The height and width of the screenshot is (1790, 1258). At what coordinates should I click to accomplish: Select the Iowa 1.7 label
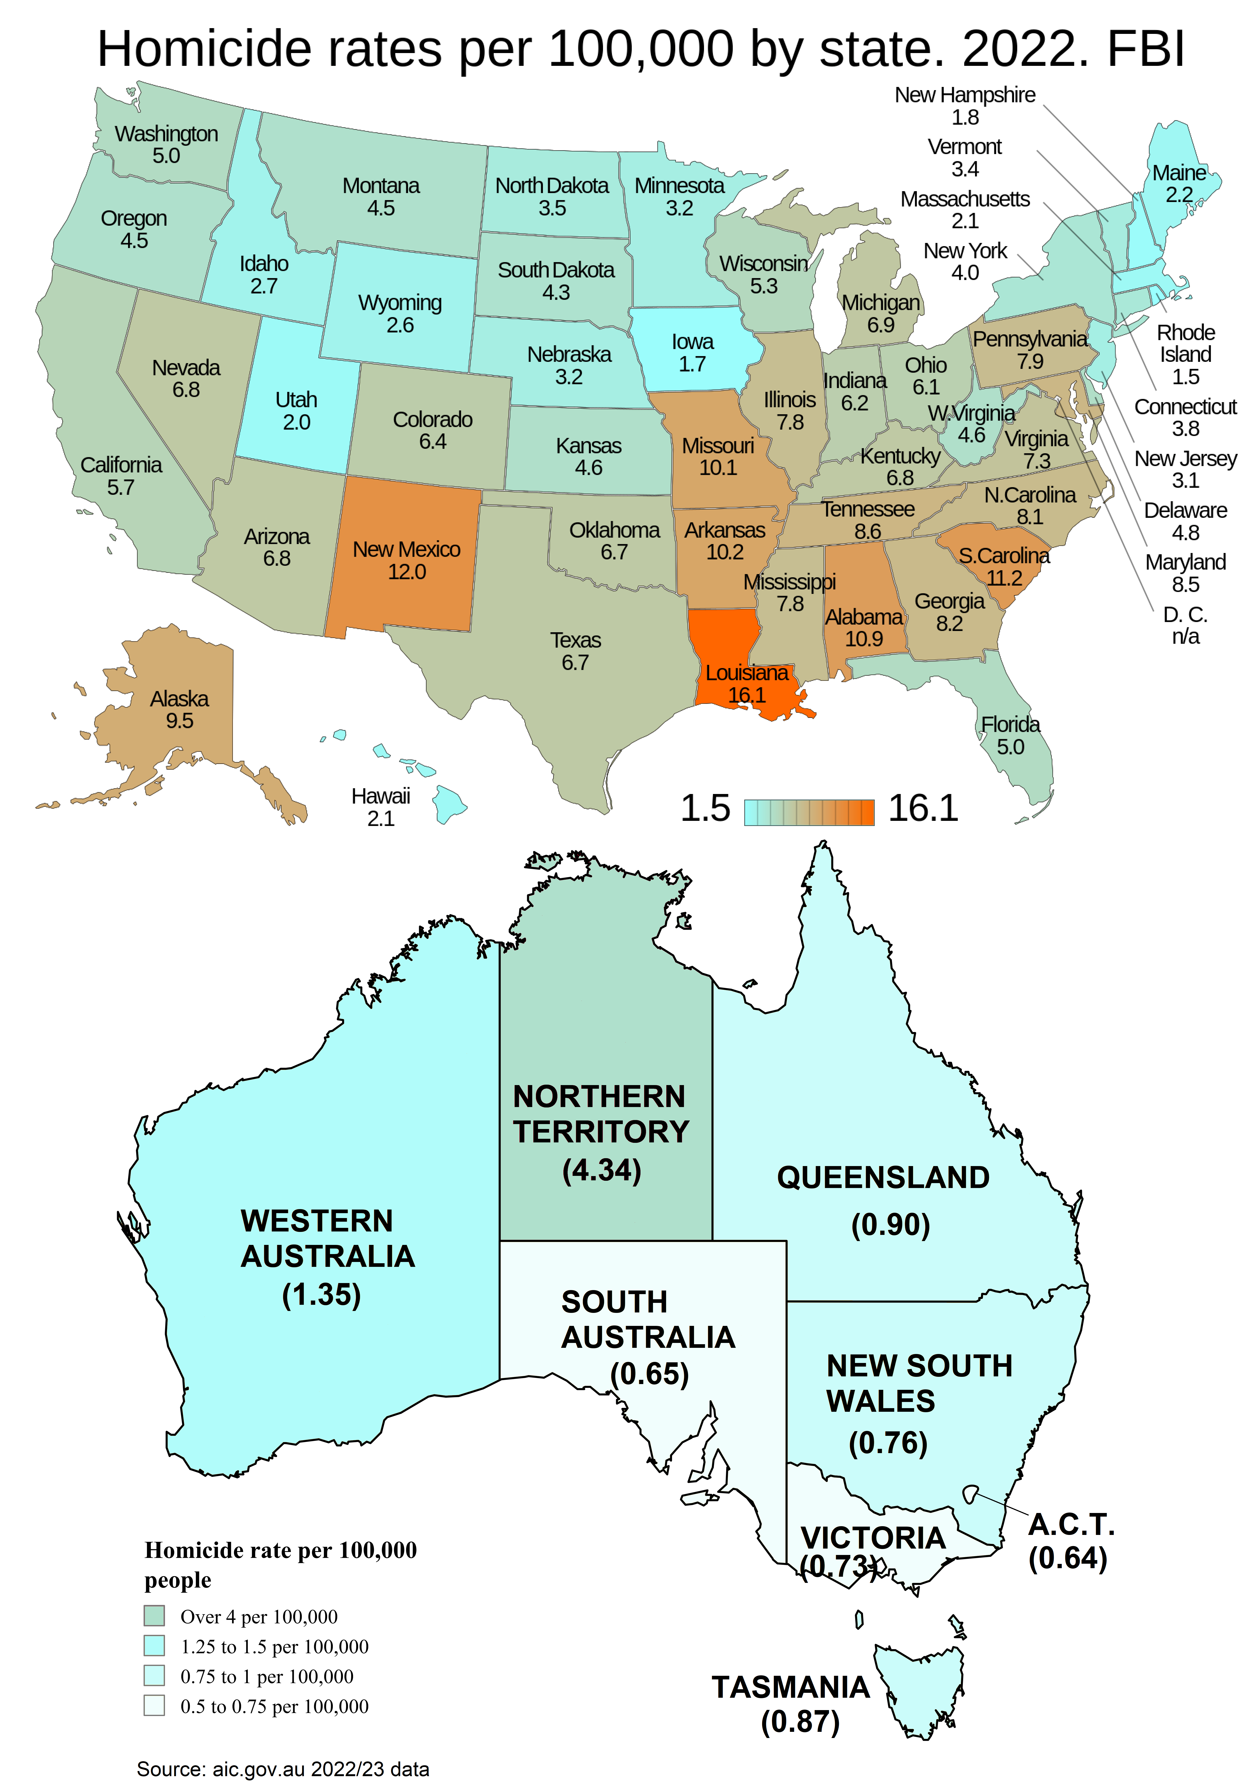692,352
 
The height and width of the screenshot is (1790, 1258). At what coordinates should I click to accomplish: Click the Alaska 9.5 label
179,709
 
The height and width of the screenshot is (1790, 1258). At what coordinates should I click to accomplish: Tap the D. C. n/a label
1185,625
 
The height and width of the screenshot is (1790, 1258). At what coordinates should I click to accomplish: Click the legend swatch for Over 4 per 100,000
154,1616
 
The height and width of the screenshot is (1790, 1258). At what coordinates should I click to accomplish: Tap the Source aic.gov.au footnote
283,1769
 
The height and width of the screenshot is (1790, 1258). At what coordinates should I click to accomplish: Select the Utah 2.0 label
296,411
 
